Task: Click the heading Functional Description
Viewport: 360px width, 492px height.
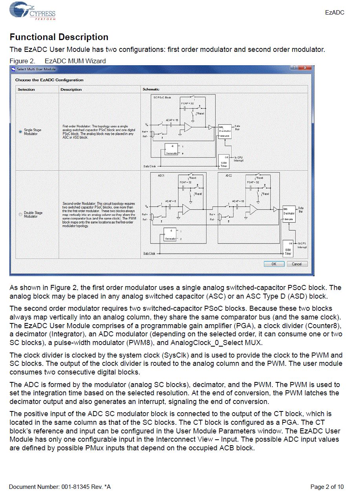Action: tap(59, 37)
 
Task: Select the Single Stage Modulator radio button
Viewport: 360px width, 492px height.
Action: tap(20, 132)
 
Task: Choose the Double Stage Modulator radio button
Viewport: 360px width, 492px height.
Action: tap(20, 214)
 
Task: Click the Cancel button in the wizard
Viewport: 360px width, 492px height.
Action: tap(297, 264)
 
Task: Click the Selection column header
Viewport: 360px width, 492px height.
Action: tap(26, 90)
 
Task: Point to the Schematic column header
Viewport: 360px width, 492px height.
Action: tap(151, 90)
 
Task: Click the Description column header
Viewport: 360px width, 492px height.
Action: tap(71, 90)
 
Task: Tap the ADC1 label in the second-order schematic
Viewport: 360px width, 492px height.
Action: tap(161, 175)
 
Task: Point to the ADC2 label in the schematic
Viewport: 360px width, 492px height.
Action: tap(228, 175)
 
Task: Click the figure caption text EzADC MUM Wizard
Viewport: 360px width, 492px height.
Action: tap(75, 61)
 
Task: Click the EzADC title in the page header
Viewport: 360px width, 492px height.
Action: tap(334, 13)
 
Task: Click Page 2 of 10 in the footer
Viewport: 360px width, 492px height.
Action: tap(327, 487)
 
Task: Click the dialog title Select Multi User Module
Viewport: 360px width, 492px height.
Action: tap(36, 69)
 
